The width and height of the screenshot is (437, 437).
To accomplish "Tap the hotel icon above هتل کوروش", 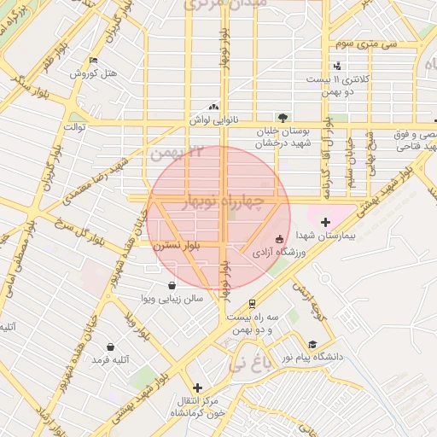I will tap(93, 60).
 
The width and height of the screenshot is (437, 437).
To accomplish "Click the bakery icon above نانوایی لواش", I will tap(213, 108).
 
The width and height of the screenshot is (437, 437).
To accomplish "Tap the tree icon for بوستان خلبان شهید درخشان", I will tap(283, 118).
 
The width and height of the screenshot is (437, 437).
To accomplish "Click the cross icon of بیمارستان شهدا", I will tap(325, 222).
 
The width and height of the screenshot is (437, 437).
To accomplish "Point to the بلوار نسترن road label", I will tap(176, 245).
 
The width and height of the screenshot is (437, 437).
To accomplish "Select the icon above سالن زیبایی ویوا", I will tap(172, 285).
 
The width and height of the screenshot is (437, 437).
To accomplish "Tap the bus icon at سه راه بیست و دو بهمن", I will tap(253, 304).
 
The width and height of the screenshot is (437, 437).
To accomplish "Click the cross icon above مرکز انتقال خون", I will tap(198, 387).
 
